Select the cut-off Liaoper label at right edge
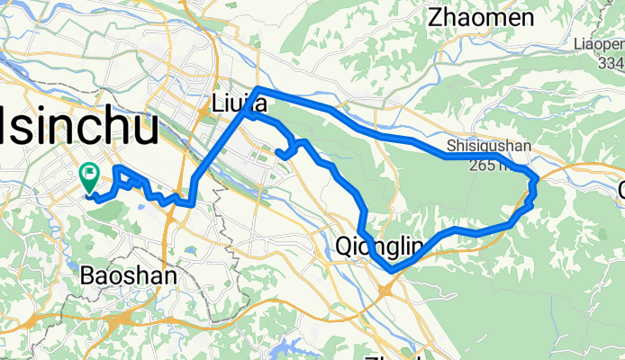[598, 43]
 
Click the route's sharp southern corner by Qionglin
[391, 270]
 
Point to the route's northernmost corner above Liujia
[258, 88]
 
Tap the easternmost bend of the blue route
[537, 183]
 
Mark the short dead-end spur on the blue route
[281, 154]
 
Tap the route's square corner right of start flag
[116, 167]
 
